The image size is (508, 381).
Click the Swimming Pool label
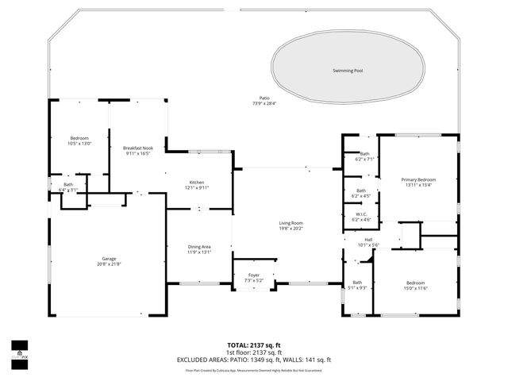coord(349,71)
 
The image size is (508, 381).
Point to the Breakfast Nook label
coord(137,148)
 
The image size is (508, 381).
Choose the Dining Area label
coord(199,247)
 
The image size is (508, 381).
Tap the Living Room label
coord(291,223)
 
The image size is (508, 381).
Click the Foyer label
coord(253,275)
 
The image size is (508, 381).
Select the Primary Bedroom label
coord(418,179)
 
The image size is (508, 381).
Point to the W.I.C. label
coord(360,214)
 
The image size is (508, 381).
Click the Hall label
coord(368,239)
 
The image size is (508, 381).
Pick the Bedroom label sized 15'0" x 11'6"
coord(416,283)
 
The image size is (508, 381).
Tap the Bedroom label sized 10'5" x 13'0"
coord(79,138)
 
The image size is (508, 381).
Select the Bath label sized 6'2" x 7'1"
coord(364,153)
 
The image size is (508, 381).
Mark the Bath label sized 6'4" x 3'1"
coord(68,185)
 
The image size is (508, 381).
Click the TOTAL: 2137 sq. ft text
coord(254,345)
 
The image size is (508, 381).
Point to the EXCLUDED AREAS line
coord(254,360)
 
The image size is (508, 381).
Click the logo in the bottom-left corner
coord(18,349)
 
